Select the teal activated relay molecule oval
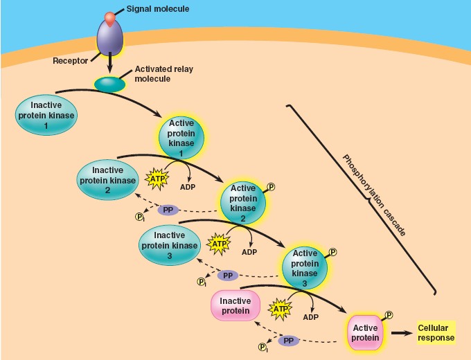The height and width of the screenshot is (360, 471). (x=109, y=84)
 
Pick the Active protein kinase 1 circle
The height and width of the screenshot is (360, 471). (x=181, y=138)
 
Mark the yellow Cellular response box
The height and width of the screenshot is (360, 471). (x=436, y=332)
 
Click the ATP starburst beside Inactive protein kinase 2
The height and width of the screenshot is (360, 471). (x=157, y=179)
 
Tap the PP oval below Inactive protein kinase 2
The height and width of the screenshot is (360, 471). (x=168, y=210)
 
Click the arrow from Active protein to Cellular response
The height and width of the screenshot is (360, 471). (x=400, y=333)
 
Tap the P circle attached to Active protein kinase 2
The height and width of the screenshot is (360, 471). (x=271, y=186)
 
